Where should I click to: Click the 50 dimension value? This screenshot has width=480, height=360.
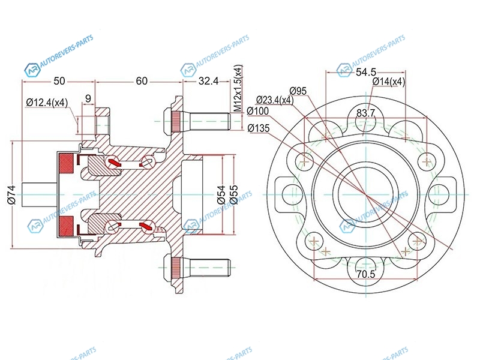click(59, 81)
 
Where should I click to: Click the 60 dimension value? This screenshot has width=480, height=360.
click(142, 81)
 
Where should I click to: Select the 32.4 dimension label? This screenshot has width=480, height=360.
click(208, 81)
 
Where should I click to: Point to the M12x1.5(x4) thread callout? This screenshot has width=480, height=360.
click(238, 88)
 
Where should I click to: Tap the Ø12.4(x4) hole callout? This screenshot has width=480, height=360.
click(47, 103)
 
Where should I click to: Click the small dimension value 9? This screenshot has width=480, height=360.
click(88, 98)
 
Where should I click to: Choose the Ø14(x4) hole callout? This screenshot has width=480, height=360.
click(388, 82)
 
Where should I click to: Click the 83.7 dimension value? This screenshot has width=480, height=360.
click(366, 113)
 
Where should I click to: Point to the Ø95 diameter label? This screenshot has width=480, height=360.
click(298, 91)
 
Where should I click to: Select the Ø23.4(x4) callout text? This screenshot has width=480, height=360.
click(274, 100)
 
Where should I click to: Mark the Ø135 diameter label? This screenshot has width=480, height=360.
click(259, 127)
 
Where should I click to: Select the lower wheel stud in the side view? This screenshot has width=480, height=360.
click(198, 265)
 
